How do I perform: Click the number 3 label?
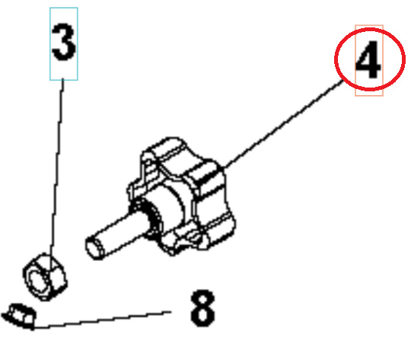click(64, 44)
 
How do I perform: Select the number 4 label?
click(368, 61)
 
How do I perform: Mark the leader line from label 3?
click(57, 167)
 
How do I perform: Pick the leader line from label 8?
click(107, 320)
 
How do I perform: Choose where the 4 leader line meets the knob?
click(225, 167)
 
